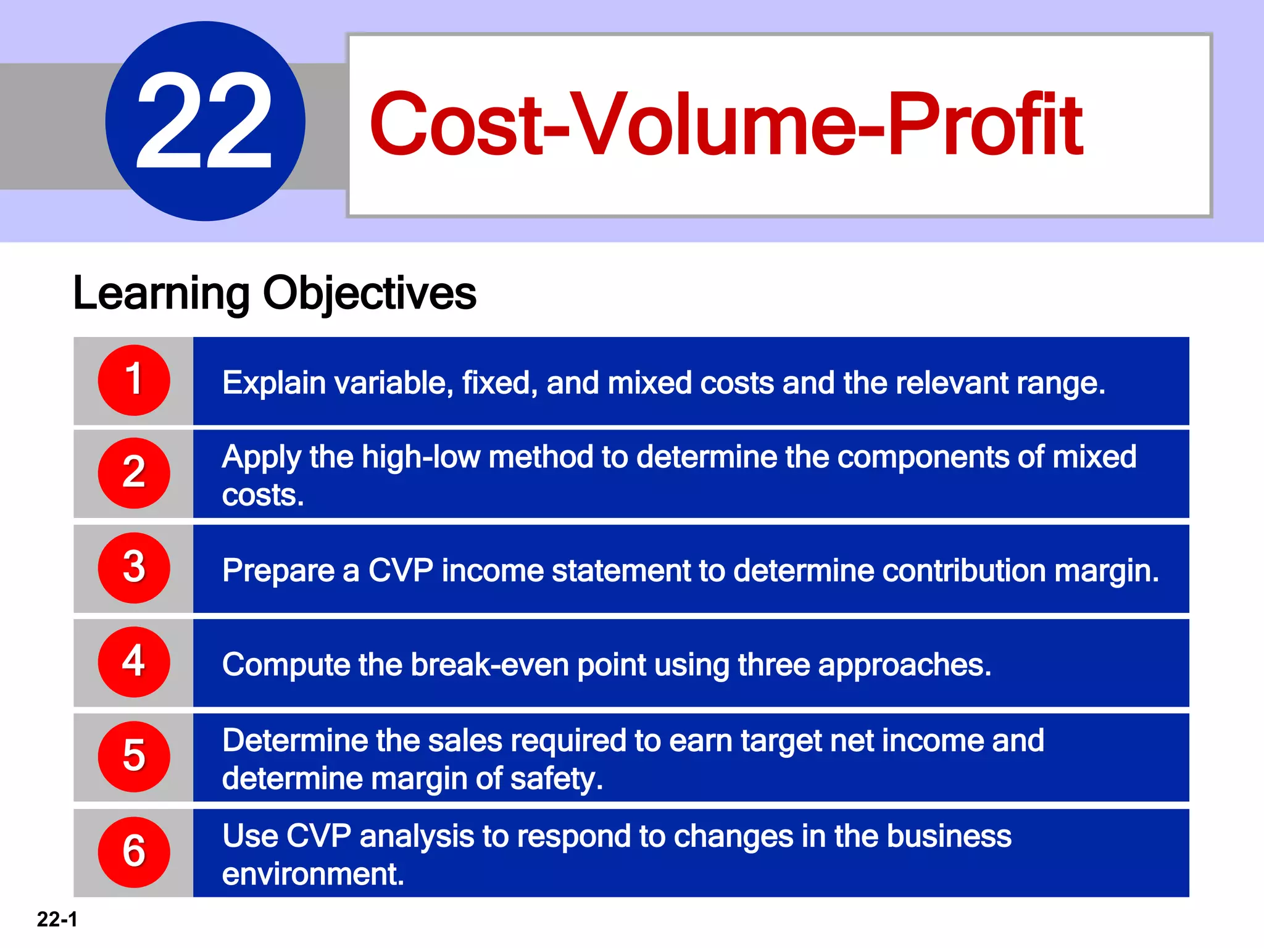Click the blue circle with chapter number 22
[x=205, y=121]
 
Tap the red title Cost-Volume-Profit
[x=725, y=124]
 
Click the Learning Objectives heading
[x=275, y=293]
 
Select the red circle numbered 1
[x=134, y=380]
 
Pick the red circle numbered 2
[x=134, y=473]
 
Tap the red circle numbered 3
[x=134, y=568]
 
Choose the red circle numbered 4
[x=134, y=662]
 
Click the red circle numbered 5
[x=134, y=757]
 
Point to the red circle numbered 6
[x=134, y=852]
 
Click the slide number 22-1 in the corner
[x=57, y=920]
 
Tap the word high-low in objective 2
[x=421, y=457]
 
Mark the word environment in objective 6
[x=312, y=875]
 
